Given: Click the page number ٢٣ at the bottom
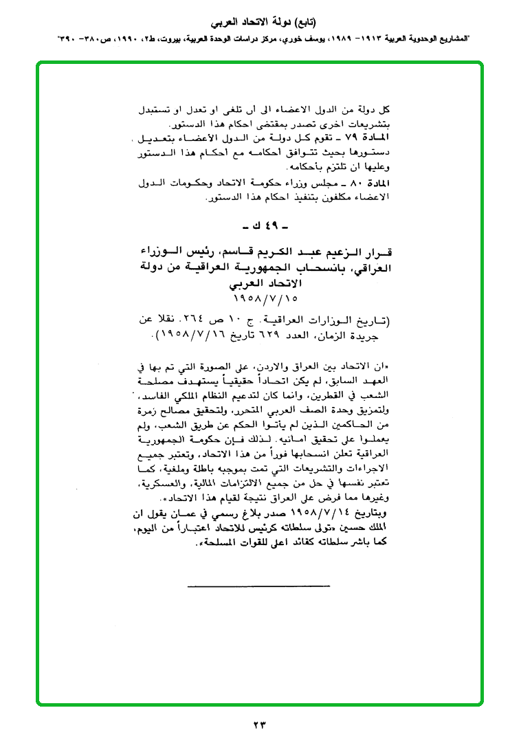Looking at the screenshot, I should click(x=259, y=724).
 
